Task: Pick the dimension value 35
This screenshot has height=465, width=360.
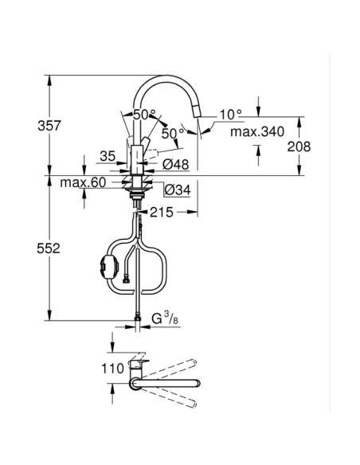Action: (x=108, y=156)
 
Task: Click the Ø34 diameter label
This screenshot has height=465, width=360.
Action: (x=176, y=189)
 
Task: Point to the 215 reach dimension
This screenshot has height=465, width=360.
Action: (x=162, y=213)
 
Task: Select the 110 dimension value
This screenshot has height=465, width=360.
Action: (x=114, y=368)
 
